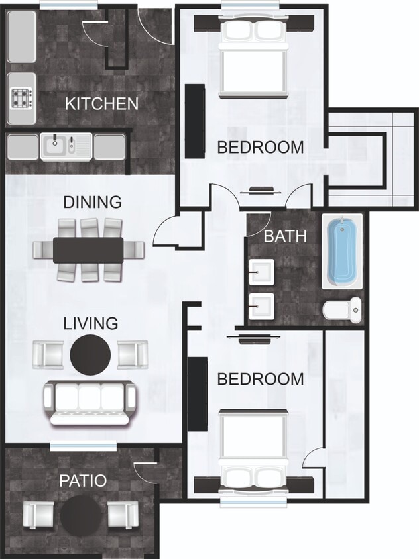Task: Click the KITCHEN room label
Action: [x=101, y=103]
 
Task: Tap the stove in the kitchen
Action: [x=21, y=99]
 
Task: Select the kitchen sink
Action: [x=66, y=146]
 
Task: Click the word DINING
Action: [x=93, y=201]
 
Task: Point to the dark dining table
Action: [x=88, y=250]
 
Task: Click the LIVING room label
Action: [x=91, y=324]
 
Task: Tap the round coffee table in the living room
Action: [x=91, y=354]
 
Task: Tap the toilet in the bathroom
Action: [x=343, y=309]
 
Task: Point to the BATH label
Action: [x=286, y=236]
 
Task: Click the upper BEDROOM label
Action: [x=261, y=147]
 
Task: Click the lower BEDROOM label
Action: [x=261, y=379]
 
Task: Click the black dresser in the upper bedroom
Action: [x=194, y=121]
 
